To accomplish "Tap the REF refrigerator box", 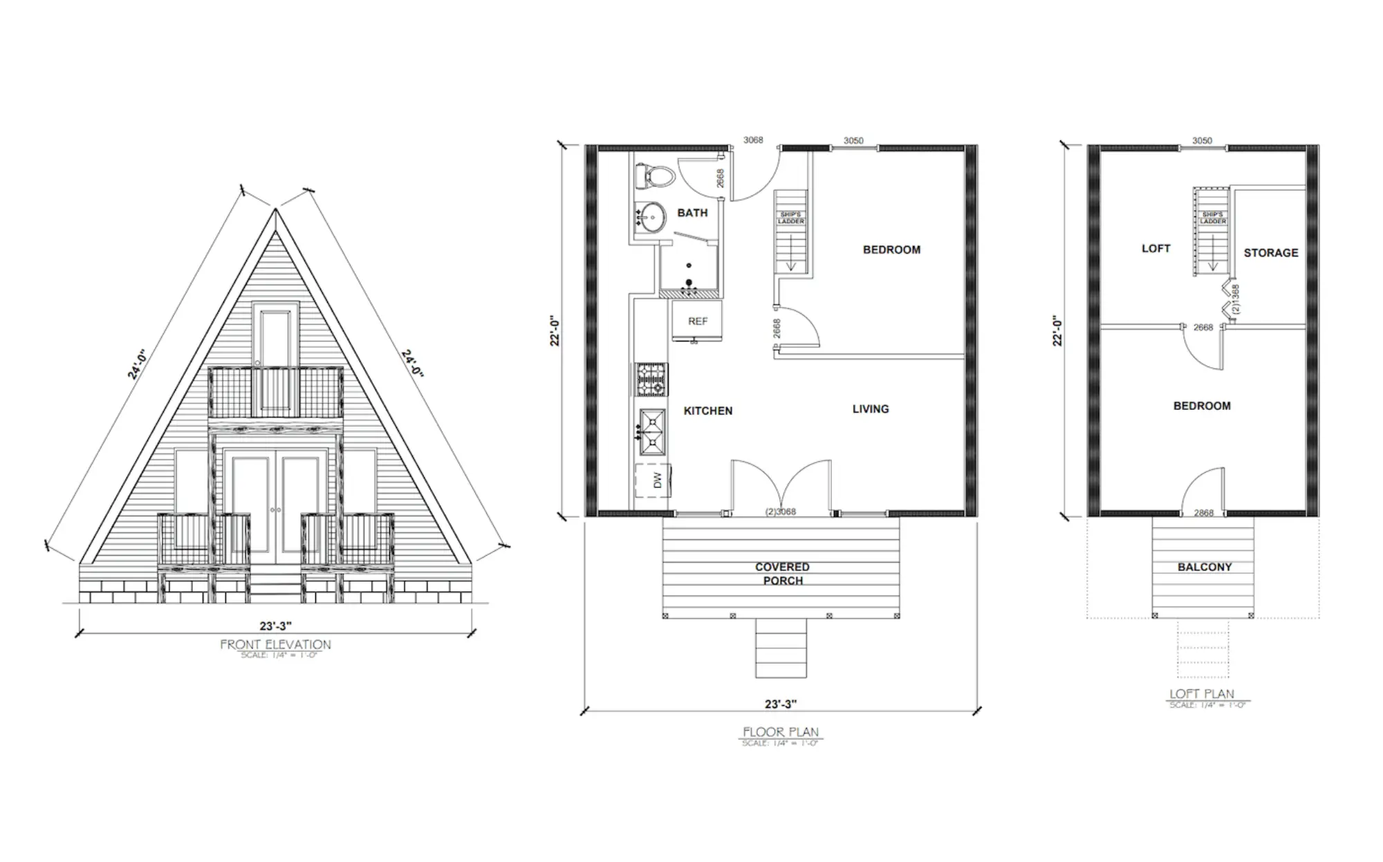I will (x=698, y=321).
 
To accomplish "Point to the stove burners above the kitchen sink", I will (x=651, y=380).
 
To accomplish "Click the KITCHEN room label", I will (x=707, y=411).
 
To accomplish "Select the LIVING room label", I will (x=871, y=409).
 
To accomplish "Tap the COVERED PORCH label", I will (x=782, y=574).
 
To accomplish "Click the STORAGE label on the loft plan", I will (x=1271, y=253).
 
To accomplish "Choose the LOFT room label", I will (x=1155, y=248).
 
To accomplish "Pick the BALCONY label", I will (x=1205, y=567).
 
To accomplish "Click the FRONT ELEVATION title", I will (x=275, y=644).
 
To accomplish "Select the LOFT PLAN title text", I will (x=1202, y=694).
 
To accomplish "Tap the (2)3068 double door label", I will (x=781, y=512).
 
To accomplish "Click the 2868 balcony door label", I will (x=1203, y=513).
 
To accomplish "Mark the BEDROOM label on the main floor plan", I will (x=891, y=250).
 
